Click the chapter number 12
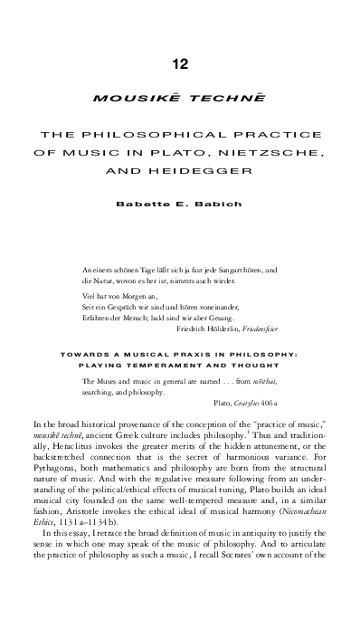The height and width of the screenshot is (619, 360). click(180, 62)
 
